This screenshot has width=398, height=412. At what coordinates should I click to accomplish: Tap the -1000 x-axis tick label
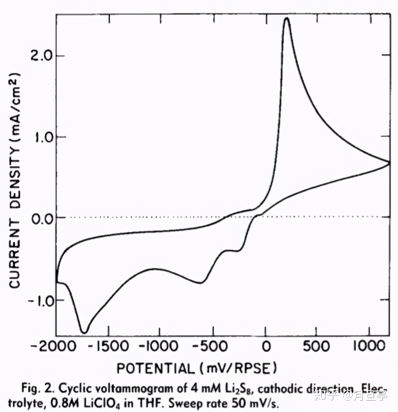pyautogui.click(x=159, y=346)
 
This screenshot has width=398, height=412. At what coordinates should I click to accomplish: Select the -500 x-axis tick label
pyautogui.click(x=212, y=346)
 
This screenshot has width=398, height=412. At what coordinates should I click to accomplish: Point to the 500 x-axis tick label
pyautogui.click(x=316, y=346)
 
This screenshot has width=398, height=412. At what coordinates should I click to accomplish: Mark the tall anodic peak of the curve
pyautogui.click(x=287, y=19)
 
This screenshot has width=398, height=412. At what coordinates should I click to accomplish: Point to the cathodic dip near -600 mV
pyautogui.click(x=200, y=283)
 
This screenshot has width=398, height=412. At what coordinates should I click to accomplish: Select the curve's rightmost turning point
pyautogui.click(x=389, y=162)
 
